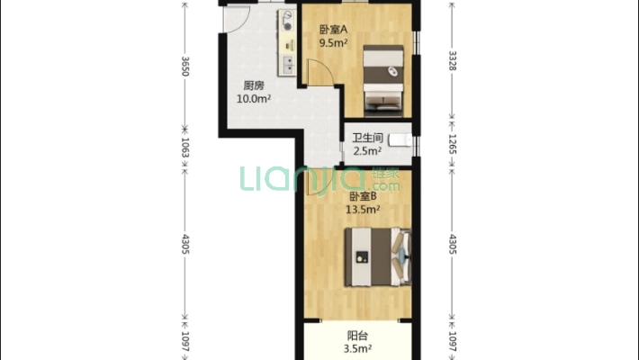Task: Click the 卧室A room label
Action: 333,28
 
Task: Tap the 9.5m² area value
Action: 333,40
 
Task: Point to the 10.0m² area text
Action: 253,99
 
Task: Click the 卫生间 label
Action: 367,139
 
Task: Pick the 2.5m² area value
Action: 367,151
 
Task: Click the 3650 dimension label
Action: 185,67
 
